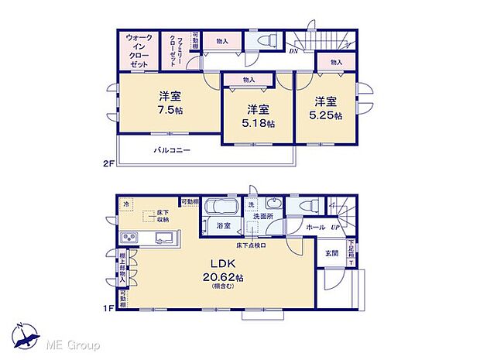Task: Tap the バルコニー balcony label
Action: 171,150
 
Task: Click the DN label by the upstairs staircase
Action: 293,52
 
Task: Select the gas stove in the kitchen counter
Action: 130,237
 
